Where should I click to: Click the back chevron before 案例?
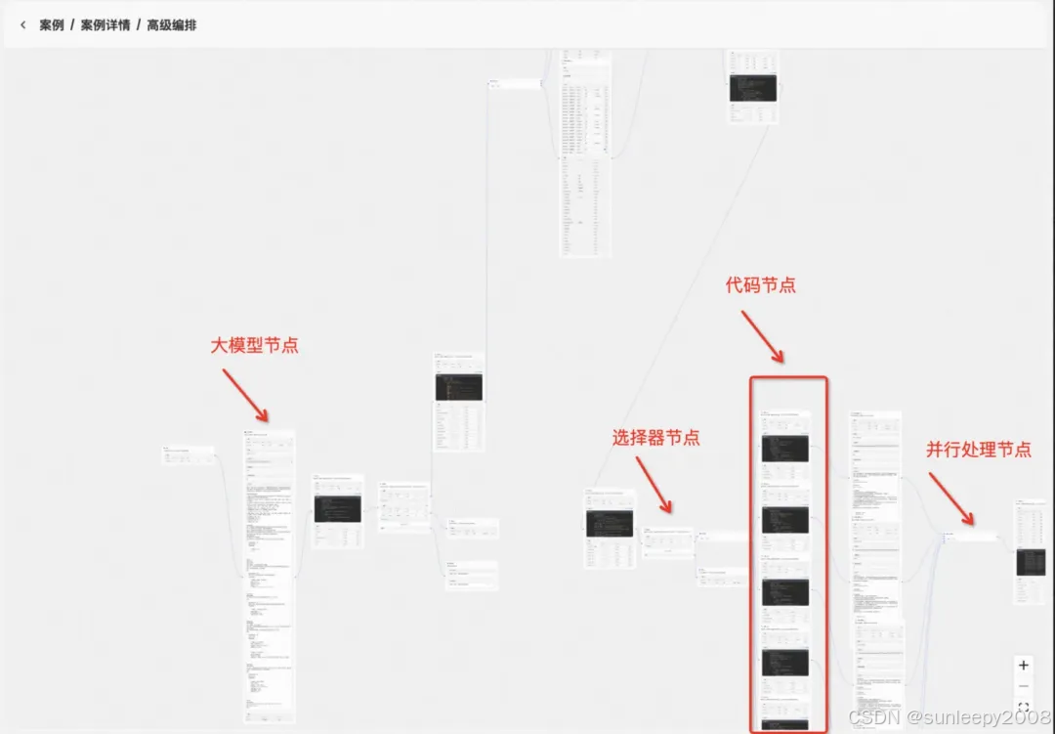click(x=22, y=25)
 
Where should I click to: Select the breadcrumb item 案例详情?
click(x=105, y=25)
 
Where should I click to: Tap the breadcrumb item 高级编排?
click(x=172, y=25)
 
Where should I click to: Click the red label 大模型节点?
click(x=255, y=345)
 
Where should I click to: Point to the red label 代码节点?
click(x=760, y=285)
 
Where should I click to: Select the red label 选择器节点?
click(x=655, y=438)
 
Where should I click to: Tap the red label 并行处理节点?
click(x=979, y=450)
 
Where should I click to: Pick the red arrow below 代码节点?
click(x=761, y=335)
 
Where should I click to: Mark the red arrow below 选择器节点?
click(x=654, y=485)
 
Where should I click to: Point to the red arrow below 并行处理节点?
click(x=950, y=497)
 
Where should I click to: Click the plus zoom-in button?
click(x=1024, y=666)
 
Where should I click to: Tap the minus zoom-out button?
click(x=1024, y=685)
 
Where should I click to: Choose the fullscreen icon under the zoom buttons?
click(x=1024, y=707)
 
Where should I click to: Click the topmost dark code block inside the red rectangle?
click(x=784, y=449)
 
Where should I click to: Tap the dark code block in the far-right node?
click(x=1031, y=561)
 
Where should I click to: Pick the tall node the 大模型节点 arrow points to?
click(x=270, y=577)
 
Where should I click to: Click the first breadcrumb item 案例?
click(x=52, y=25)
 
